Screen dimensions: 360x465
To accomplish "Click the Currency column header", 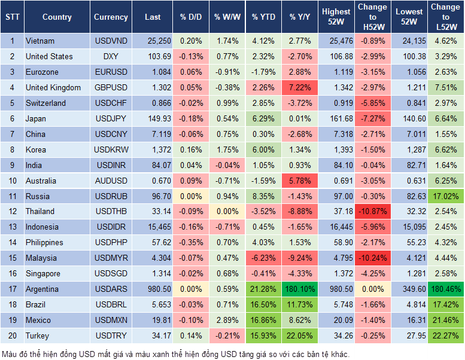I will click(x=111, y=17).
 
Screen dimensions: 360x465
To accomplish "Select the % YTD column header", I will click(x=263, y=17).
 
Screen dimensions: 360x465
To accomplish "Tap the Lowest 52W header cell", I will click(x=409, y=17).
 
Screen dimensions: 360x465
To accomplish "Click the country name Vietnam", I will click(x=40, y=41).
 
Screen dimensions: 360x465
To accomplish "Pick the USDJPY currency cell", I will click(x=111, y=118).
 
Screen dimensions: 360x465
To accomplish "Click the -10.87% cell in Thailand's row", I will click(x=372, y=212).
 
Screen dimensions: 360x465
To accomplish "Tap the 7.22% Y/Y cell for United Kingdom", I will click(x=300, y=88).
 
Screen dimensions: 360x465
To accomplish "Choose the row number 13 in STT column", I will click(x=11, y=227).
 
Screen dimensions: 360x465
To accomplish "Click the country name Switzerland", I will click(x=45, y=103).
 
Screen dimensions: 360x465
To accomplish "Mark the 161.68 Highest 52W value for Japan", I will click(x=336, y=118).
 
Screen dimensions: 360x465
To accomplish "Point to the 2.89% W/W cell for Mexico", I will click(x=226, y=320).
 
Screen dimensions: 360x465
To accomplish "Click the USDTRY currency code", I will click(x=111, y=335).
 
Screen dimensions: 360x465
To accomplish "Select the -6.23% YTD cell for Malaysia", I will click(x=263, y=258).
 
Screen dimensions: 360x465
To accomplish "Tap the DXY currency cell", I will click(x=111, y=57).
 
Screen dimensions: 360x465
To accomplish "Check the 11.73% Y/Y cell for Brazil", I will click(x=300, y=304).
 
